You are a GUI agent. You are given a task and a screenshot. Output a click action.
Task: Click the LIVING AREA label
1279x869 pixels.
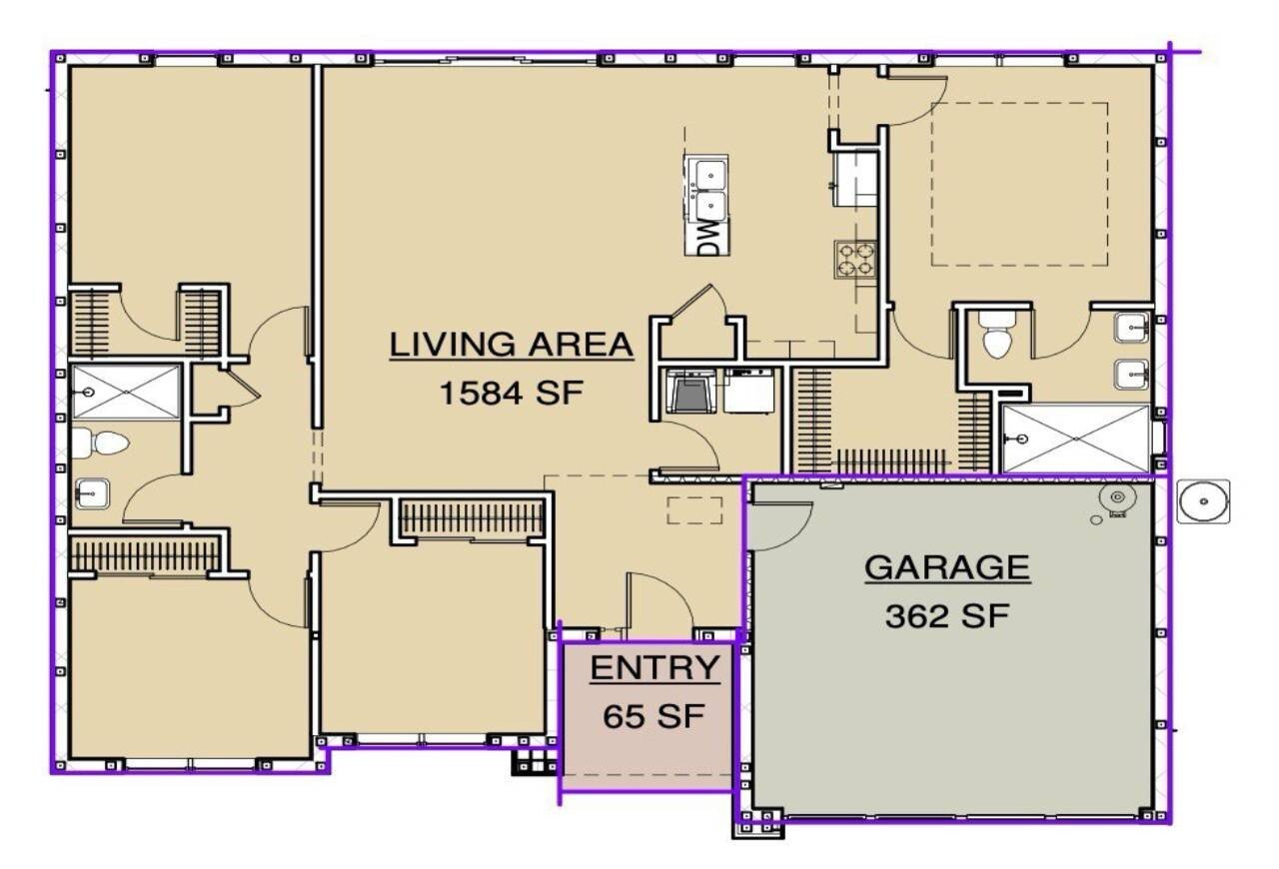(x=511, y=345)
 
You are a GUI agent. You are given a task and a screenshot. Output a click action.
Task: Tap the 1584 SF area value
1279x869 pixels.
(x=511, y=393)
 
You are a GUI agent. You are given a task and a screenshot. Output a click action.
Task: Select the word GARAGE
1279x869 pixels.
(x=947, y=567)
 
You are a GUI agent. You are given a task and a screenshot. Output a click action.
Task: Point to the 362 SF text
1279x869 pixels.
(x=947, y=615)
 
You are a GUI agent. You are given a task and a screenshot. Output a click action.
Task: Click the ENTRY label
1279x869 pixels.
(x=654, y=667)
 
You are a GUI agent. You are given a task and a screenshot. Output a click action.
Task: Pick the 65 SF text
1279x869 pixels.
(x=653, y=716)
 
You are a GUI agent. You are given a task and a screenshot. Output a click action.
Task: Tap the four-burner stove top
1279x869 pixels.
(x=854, y=260)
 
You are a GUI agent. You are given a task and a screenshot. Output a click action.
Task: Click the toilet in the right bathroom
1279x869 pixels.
(x=997, y=335)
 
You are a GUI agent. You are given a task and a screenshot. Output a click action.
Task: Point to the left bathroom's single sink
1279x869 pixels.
(x=92, y=493)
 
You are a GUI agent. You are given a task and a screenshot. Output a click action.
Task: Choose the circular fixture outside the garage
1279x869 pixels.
(x=1204, y=501)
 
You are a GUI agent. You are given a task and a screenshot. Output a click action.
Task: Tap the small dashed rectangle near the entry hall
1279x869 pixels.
(x=694, y=510)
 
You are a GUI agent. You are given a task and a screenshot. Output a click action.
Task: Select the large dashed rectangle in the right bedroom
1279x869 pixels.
(x=1019, y=184)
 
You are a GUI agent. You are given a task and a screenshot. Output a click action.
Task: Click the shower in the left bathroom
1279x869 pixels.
(x=125, y=393)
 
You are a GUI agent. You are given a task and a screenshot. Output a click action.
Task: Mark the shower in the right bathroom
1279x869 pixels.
(x=1076, y=438)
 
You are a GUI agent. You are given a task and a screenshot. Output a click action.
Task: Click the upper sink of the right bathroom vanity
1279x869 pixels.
(x=1132, y=328)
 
